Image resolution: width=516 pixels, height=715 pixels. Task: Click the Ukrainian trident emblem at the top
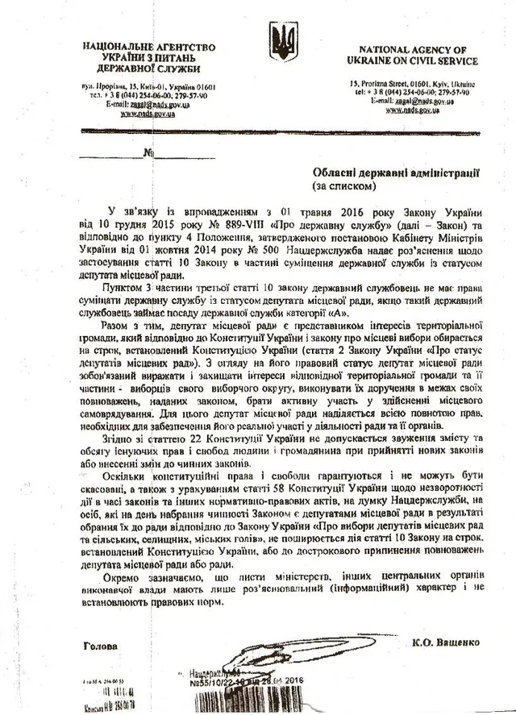283,42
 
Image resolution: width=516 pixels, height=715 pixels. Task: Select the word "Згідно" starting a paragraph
124,436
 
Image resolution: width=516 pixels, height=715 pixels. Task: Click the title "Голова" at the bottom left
100,646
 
